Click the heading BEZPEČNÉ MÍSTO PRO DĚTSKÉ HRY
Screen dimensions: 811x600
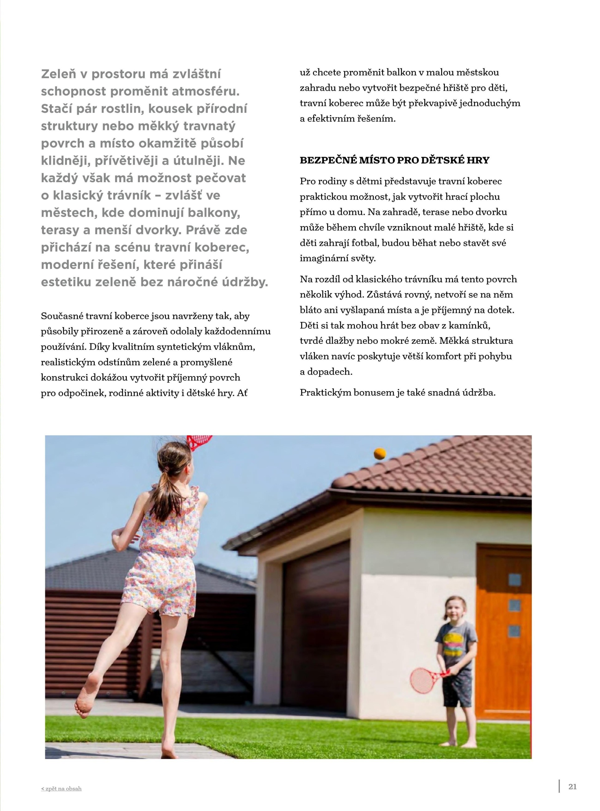[394, 160]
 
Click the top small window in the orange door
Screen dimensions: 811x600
[514, 579]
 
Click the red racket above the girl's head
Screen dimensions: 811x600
[199, 441]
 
